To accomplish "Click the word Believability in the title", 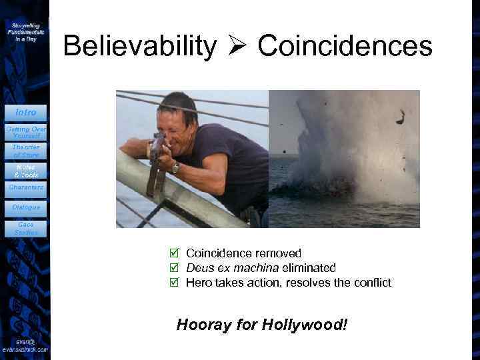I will pos(140,46).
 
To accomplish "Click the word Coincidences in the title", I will pos(345,46).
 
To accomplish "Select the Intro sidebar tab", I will pos(26,112).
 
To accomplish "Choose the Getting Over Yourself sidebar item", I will pos(25,131).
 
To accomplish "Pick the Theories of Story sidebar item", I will pos(25,151).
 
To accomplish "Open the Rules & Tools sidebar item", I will pos(25,170).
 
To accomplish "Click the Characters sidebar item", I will pos(25,187).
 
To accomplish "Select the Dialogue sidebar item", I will pos(25,207).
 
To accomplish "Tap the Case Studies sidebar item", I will pos(25,228).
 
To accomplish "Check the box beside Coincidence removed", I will pos(175,253).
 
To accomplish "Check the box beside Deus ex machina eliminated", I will pos(175,268).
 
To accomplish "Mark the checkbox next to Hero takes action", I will pos(175,283).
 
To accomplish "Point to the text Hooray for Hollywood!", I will pos(262,325).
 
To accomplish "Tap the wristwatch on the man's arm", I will pos(175,167).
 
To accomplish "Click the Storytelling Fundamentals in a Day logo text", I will pos(25,32).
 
